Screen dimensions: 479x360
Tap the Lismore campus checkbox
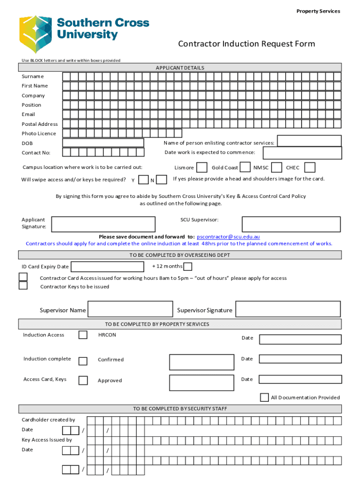pyautogui.click(x=202, y=167)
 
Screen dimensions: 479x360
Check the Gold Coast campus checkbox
pyautogui.click(x=245, y=167)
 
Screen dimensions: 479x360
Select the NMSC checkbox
pyautogui.click(x=276, y=167)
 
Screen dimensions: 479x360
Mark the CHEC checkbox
pyautogui.click(x=310, y=167)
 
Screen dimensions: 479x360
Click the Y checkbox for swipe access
pyautogui.click(x=144, y=180)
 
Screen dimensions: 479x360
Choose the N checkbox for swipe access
pyautogui.click(x=162, y=180)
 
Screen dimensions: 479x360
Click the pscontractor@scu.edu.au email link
pyautogui.click(x=228, y=237)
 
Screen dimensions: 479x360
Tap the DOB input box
pyautogui.click(x=103, y=143)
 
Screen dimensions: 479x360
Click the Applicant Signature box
pyautogui.click(x=103, y=224)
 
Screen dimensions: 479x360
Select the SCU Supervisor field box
pyautogui.click(x=291, y=224)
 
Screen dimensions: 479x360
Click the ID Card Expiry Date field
pyautogui.click(x=107, y=267)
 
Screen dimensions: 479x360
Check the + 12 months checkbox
pyautogui.click(x=187, y=267)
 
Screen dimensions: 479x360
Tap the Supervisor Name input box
pyautogui.click(x=130, y=309)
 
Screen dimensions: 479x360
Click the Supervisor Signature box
pyautogui.click(x=288, y=309)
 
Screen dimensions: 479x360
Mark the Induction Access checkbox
pyautogui.click(x=83, y=335)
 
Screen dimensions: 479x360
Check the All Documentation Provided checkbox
pyautogui.click(x=265, y=397)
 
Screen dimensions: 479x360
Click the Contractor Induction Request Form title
pyautogui.click(x=246, y=44)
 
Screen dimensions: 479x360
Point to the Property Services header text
pyautogui.click(x=318, y=11)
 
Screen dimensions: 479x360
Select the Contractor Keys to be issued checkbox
pyautogui.click(x=23, y=285)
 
